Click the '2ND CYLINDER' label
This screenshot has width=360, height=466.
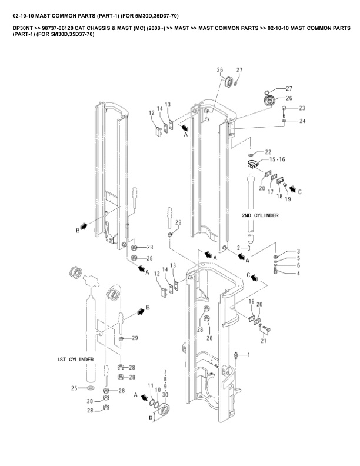[260, 215]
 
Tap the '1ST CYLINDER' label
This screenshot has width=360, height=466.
[75, 360]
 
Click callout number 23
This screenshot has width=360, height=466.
[302, 108]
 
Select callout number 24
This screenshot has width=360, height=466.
[302, 121]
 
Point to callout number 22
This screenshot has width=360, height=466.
[268, 152]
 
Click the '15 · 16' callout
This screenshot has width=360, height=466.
[277, 159]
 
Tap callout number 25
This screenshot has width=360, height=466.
[74, 388]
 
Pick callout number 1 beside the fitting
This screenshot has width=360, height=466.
[249, 355]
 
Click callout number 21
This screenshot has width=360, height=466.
[264, 341]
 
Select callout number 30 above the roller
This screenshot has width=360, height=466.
[165, 395]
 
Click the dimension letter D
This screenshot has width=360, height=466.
[151, 418]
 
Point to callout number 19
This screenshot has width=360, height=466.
[288, 199]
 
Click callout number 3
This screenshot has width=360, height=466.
[298, 251]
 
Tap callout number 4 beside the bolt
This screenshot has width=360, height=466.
[298, 273]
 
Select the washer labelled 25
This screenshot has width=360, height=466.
[90, 388]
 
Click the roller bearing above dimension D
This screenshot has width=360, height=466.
[164, 411]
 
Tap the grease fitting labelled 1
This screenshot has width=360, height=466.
[236, 355]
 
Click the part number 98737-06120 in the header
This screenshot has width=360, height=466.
[57, 28]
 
